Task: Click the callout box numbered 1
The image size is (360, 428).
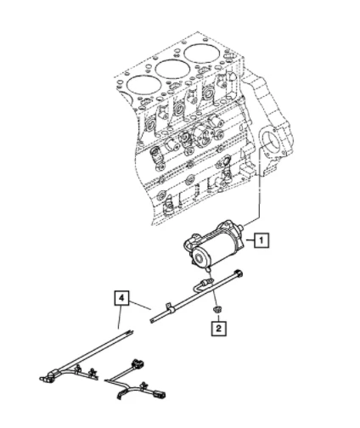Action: tap(263, 239)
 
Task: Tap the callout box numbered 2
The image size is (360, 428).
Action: tap(219, 325)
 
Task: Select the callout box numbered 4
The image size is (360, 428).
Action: tap(124, 298)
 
